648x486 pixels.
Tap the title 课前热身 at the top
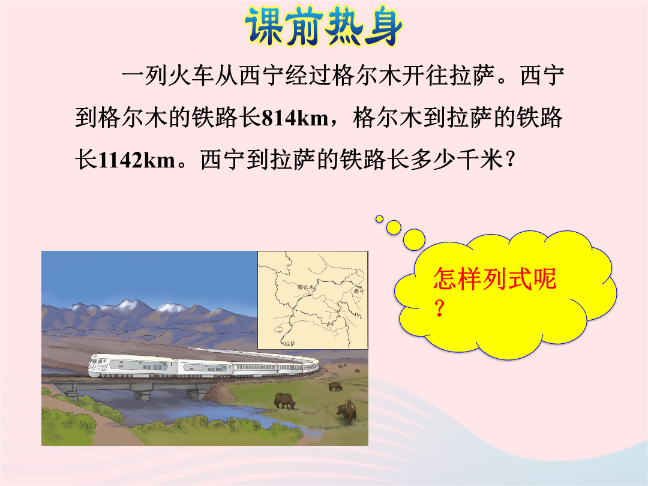coord(323,27)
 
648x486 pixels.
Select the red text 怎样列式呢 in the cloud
coord(494,278)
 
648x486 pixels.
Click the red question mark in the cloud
coord(440,308)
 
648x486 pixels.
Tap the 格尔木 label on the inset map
coord(306,286)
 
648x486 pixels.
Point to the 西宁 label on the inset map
coord(359,291)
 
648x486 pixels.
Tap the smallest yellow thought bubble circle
coord(379,219)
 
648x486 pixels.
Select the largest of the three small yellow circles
coord(414,239)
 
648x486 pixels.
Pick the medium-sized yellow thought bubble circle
coord(394,227)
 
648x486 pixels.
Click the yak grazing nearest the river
coord(285,400)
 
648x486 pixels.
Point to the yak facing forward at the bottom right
coord(346,411)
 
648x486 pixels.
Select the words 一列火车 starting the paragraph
coord(167,76)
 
